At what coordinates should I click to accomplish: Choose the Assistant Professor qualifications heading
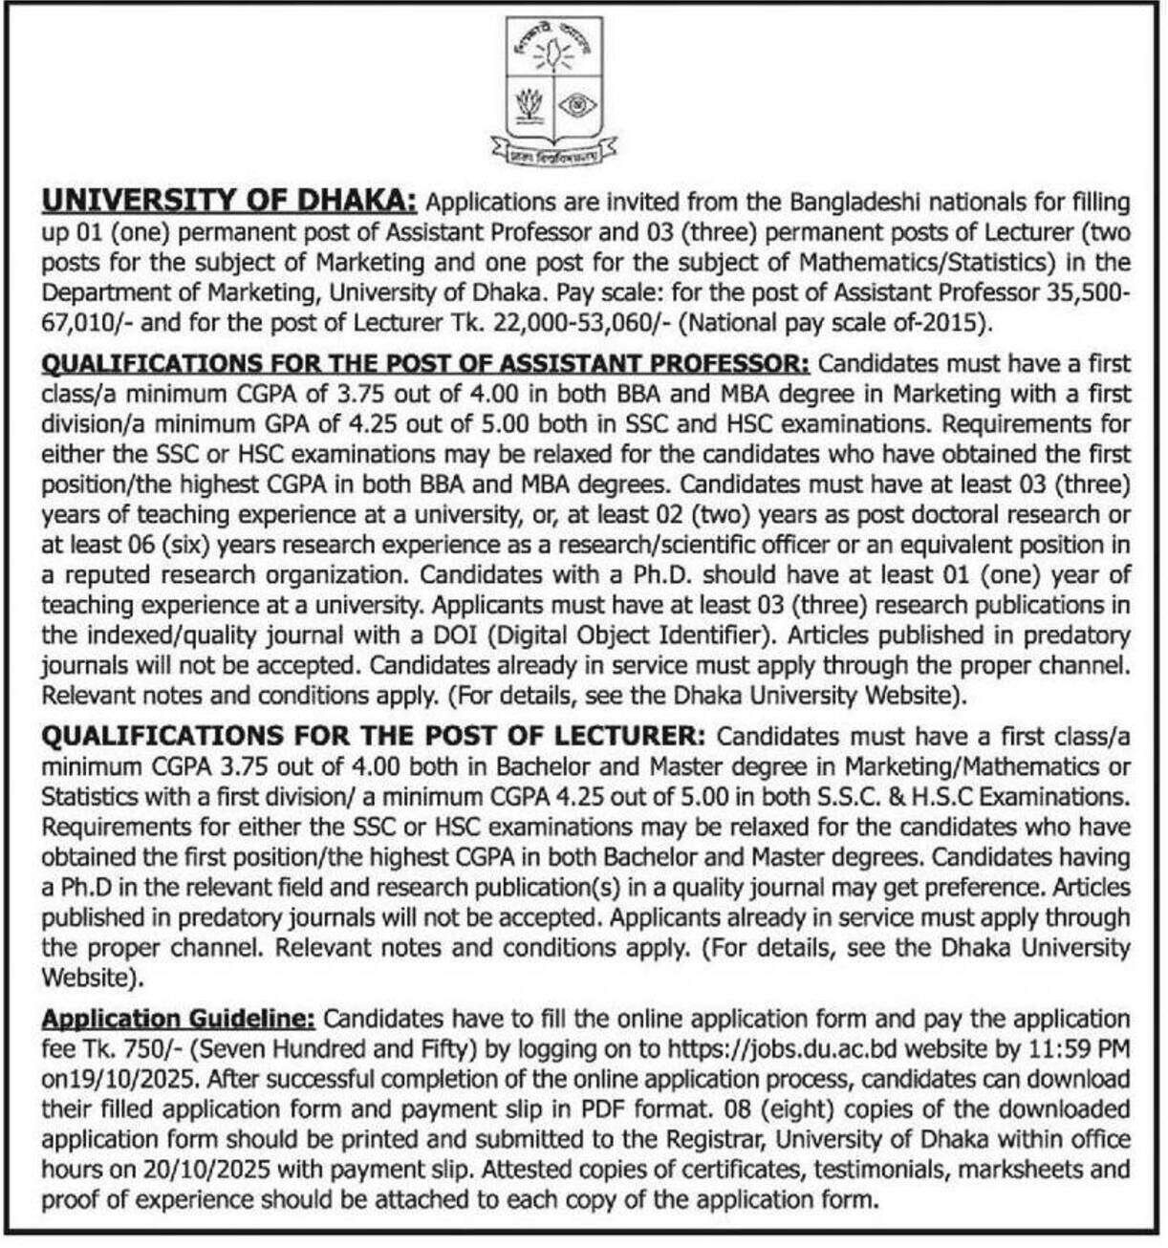[425, 363]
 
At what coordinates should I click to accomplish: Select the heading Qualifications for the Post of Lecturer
[374, 736]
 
